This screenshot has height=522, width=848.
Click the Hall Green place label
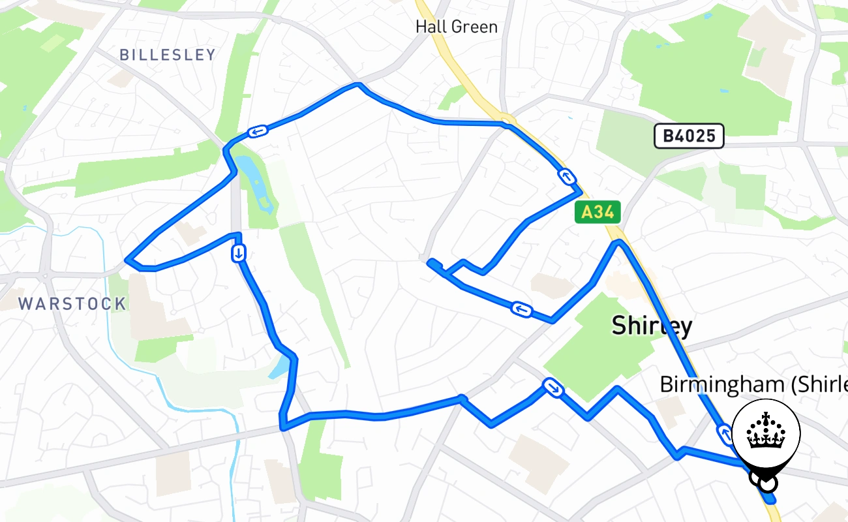pyautogui.click(x=457, y=27)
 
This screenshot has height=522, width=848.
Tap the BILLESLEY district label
pyautogui.click(x=168, y=55)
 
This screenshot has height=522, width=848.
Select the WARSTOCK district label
pyautogui.click(x=72, y=303)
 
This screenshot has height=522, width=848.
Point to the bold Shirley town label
pyautogui.click(x=651, y=325)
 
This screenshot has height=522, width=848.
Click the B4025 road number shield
pyautogui.click(x=689, y=136)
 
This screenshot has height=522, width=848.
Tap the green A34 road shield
pyautogui.click(x=598, y=212)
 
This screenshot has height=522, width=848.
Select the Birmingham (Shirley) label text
pyautogui.click(x=753, y=384)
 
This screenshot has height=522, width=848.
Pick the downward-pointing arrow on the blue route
pyautogui.click(x=239, y=253)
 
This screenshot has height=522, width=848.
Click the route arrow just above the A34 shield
pyautogui.click(x=566, y=176)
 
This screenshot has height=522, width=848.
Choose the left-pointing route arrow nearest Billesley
pyautogui.click(x=258, y=132)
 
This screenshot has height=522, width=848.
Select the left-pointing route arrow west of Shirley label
pyautogui.click(x=521, y=309)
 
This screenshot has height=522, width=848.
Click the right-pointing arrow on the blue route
pyautogui.click(x=553, y=388)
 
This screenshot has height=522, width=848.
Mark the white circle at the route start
pyautogui.click(x=769, y=484)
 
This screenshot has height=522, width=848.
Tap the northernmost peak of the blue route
pyautogui.click(x=357, y=84)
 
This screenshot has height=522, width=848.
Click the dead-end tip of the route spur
pyautogui.click(x=430, y=262)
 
